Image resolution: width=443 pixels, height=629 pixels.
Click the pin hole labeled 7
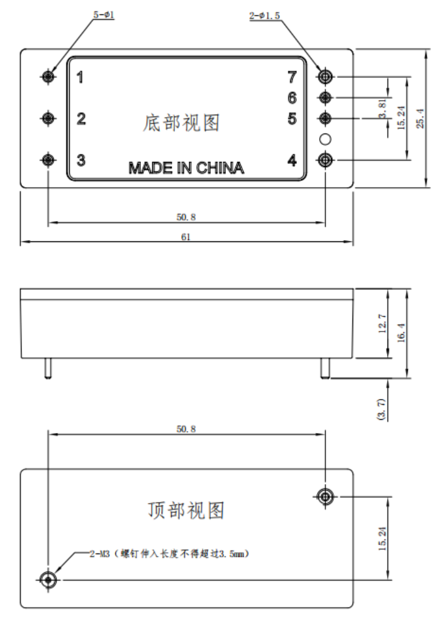pyautogui.click(x=325, y=77)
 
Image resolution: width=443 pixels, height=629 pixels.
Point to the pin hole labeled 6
pyautogui.click(x=325, y=98)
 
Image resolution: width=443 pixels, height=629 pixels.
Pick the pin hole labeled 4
pyautogui.click(x=325, y=160)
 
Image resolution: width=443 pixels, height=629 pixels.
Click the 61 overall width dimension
pyautogui.click(x=186, y=237)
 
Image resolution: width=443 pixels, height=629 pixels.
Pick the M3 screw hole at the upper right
pyautogui.click(x=325, y=497)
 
